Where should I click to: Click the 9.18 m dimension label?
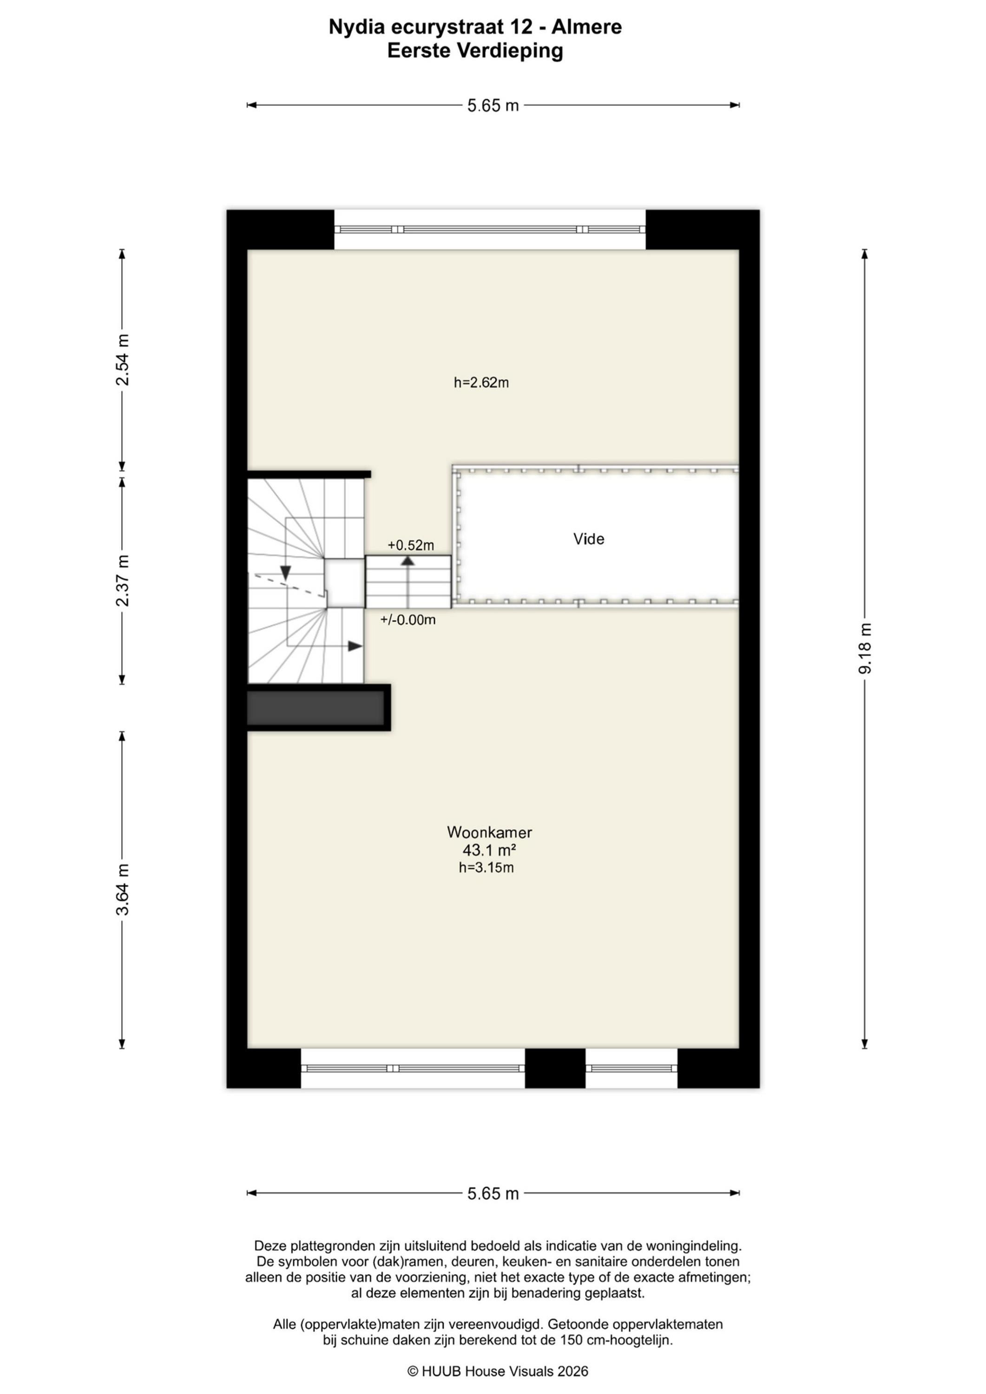click(x=865, y=648)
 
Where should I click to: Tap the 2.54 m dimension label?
click(x=122, y=360)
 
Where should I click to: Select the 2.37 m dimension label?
click(x=122, y=580)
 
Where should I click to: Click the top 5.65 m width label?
click(x=493, y=105)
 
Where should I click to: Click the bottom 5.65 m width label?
click(x=493, y=1194)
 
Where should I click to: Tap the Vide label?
click(x=589, y=539)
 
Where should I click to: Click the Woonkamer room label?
click(x=489, y=832)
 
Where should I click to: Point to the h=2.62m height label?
click(x=481, y=382)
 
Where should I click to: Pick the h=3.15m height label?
click(x=486, y=868)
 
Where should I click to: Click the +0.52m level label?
click(x=411, y=545)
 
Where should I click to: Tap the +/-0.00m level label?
click(x=408, y=620)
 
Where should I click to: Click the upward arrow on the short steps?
click(x=408, y=561)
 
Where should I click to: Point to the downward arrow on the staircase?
click(x=285, y=572)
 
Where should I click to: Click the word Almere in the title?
click(x=586, y=27)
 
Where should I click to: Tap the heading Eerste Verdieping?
click(x=475, y=51)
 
